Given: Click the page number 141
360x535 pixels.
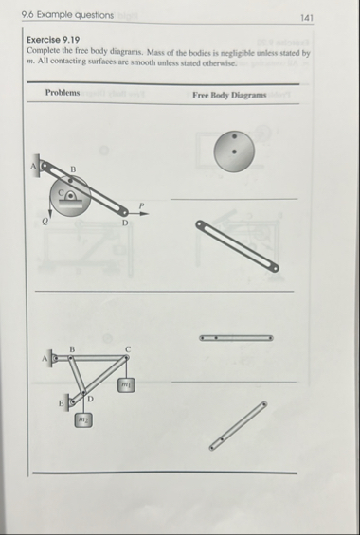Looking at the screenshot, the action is pyautogui.click(x=306, y=18).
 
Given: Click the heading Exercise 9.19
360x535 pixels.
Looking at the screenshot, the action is pyautogui.click(x=53, y=40).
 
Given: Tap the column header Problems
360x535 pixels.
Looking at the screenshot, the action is pyautogui.click(x=63, y=93).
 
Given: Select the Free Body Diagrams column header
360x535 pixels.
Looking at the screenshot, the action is pyautogui.click(x=229, y=95).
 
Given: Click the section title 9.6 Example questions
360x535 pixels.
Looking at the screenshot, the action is pyautogui.click(x=67, y=15).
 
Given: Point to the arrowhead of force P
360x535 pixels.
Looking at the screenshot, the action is pyautogui.click(x=146, y=214).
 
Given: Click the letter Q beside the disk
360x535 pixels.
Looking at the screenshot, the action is pyautogui.click(x=45, y=222).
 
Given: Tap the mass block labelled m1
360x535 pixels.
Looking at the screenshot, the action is pyautogui.click(x=126, y=384).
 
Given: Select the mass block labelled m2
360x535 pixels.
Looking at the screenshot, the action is pyautogui.click(x=83, y=419).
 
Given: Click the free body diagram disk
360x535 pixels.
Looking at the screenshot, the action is pyautogui.click(x=234, y=152).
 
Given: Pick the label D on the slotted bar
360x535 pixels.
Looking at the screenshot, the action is pyautogui.click(x=125, y=223).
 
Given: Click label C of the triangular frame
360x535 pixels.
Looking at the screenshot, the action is pyautogui.click(x=128, y=349).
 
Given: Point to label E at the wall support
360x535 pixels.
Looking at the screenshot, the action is pyautogui.click(x=62, y=403).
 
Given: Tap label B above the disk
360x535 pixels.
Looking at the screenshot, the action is pyautogui.click(x=73, y=169).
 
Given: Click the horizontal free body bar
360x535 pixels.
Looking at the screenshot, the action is pyautogui.click(x=236, y=338).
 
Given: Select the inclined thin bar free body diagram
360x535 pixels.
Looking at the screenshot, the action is pyautogui.click(x=238, y=426).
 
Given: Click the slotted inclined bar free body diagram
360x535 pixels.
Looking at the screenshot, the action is pyautogui.click(x=237, y=246).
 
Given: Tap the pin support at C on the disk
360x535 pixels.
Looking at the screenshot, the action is pyautogui.click(x=70, y=196).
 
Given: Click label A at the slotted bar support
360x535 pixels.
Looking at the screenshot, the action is pyautogui.click(x=33, y=166).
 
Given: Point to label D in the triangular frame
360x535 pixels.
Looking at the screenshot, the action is pyautogui.click(x=90, y=399).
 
